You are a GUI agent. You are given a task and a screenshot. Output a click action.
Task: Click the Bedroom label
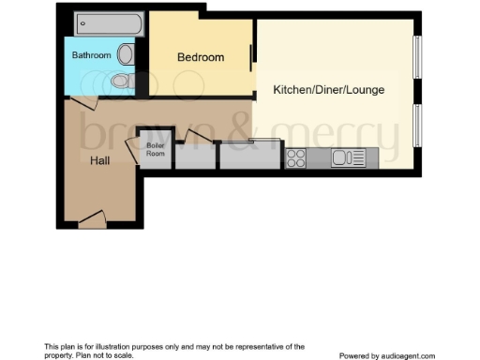pyautogui.click(x=201, y=57)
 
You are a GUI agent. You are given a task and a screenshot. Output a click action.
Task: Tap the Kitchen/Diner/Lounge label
pyautogui.click(x=328, y=90)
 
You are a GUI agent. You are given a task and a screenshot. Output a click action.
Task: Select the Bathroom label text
pyautogui.click(x=92, y=55)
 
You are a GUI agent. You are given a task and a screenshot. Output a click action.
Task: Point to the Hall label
pyautogui.click(x=100, y=160)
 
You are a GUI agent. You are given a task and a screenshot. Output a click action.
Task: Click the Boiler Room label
pyautogui.click(x=156, y=150)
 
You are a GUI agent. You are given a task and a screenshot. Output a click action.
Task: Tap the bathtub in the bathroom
pyautogui.click(x=107, y=22)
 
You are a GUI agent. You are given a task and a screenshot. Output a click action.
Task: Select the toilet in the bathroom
pyautogui.click(x=120, y=84)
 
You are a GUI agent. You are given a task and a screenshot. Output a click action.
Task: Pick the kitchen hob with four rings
pyautogui.click(x=297, y=157)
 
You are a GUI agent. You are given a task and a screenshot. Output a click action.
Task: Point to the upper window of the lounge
pyautogui.click(x=419, y=61)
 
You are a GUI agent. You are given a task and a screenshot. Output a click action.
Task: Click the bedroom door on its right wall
pyautogui.click(x=250, y=58)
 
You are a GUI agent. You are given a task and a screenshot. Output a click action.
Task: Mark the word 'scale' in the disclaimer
pyautogui.click(x=123, y=355)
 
